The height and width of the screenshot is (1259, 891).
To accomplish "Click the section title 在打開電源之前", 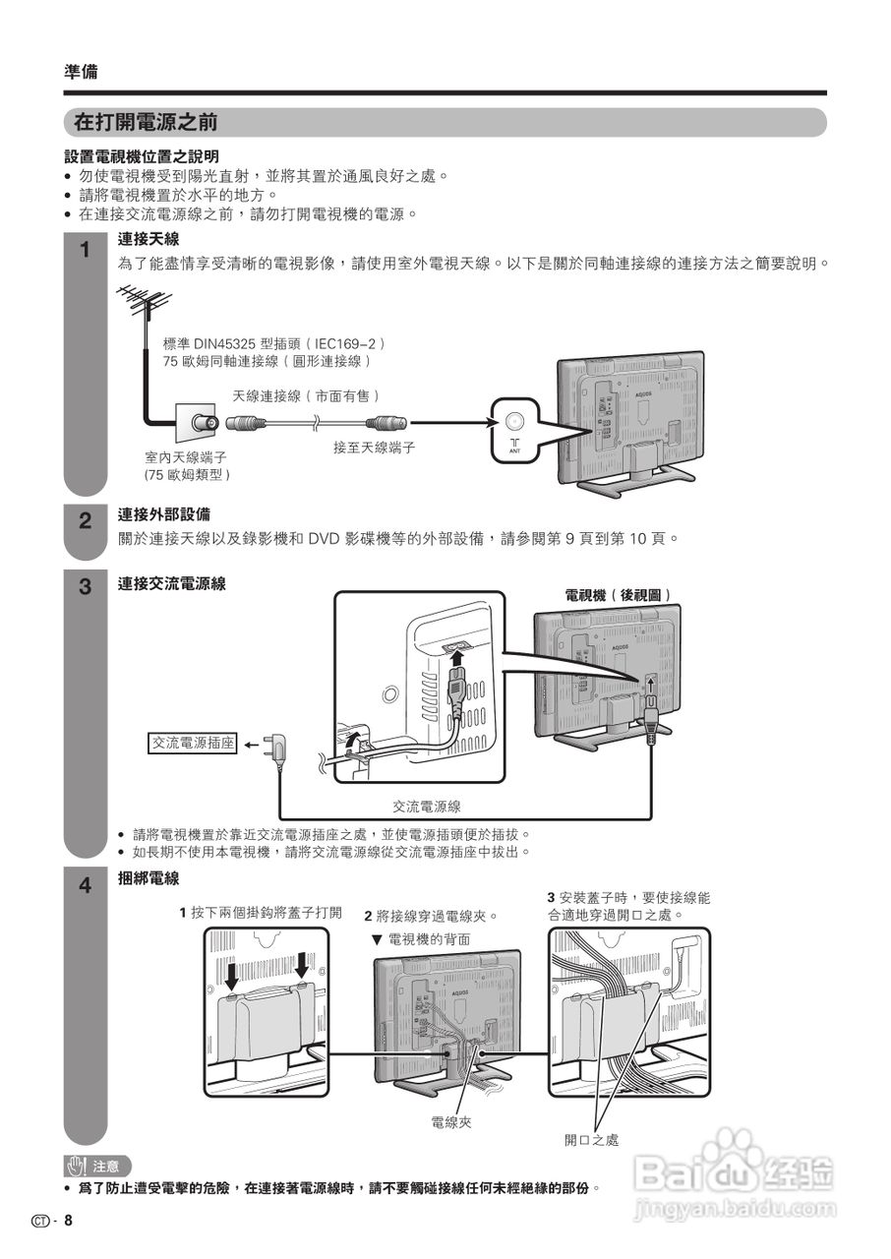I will (146, 123).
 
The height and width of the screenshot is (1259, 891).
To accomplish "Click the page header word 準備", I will (81, 72).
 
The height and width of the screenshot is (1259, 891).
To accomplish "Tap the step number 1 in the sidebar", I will (85, 250).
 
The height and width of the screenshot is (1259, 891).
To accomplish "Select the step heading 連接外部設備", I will (163, 514).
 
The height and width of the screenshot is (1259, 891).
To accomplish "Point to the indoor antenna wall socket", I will (197, 425).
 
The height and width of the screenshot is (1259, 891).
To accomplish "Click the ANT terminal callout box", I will (514, 429).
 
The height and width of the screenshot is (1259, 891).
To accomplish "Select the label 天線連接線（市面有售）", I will (306, 395).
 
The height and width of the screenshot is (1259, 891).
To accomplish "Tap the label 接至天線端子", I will (374, 448).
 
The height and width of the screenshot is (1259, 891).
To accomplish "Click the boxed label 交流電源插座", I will (193, 744).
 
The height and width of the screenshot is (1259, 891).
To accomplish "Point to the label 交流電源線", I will (427, 807).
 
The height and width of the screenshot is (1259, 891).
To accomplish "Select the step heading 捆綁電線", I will (148, 877).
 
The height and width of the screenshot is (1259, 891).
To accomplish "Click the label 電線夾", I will (451, 1122).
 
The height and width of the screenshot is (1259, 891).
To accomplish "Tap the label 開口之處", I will (591, 1140).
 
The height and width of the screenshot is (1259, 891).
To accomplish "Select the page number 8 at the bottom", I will (69, 1221).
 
